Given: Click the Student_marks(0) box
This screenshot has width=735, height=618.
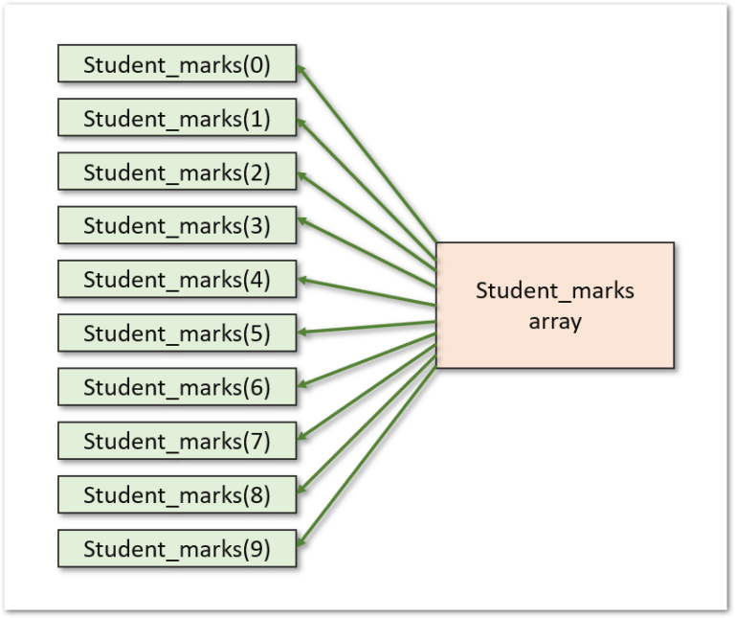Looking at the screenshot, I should pyautogui.click(x=177, y=66).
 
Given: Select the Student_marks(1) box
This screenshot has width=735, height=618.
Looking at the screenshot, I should pyautogui.click(x=177, y=120).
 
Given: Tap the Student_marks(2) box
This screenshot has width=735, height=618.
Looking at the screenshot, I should pyautogui.click(x=177, y=173).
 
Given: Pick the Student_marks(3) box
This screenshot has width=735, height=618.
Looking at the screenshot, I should pyautogui.click(x=177, y=227).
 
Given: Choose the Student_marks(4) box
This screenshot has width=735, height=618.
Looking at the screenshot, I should pyautogui.click(x=177, y=281).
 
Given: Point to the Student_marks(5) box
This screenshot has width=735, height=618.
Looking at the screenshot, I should pyautogui.click(x=177, y=334).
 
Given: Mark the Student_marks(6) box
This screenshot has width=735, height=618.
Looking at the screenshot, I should pyautogui.click(x=177, y=388).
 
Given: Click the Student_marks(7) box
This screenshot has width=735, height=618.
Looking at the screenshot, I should pyautogui.click(x=177, y=442).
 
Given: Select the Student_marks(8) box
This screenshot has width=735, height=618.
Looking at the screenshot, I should pyautogui.click(x=177, y=495).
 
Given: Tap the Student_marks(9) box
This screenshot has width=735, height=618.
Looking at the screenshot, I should pyautogui.click(x=177, y=549).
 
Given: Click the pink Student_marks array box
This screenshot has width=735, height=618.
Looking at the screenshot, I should pyautogui.click(x=555, y=305).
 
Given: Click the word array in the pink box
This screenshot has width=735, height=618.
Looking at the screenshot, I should pyautogui.click(x=555, y=322).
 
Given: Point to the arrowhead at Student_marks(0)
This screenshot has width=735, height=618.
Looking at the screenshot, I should pyautogui.click(x=302, y=70).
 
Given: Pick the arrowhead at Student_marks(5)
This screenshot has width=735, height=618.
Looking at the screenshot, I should pyautogui.click(x=302, y=332).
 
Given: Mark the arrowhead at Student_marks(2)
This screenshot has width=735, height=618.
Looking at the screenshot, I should pyautogui.click(x=302, y=176).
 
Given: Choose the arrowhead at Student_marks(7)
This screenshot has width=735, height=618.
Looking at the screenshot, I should pyautogui.click(x=302, y=438).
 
